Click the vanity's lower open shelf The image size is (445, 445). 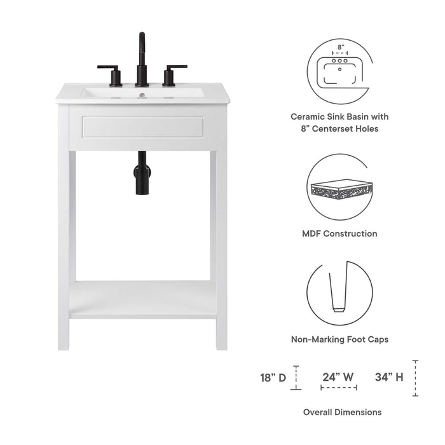pos(142,299)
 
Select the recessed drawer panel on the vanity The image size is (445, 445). pos(142,128)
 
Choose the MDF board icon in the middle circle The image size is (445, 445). pos(340,189)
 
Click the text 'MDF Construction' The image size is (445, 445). pos(339,233)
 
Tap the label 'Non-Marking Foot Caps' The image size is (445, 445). pos(339,339)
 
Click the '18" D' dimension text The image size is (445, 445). pos(273,377)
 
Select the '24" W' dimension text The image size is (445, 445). pos(338,376)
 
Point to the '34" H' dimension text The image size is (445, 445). pos(390,377)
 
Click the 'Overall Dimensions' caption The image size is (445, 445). pos(342,412)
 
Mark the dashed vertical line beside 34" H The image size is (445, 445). pos(415,378)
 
